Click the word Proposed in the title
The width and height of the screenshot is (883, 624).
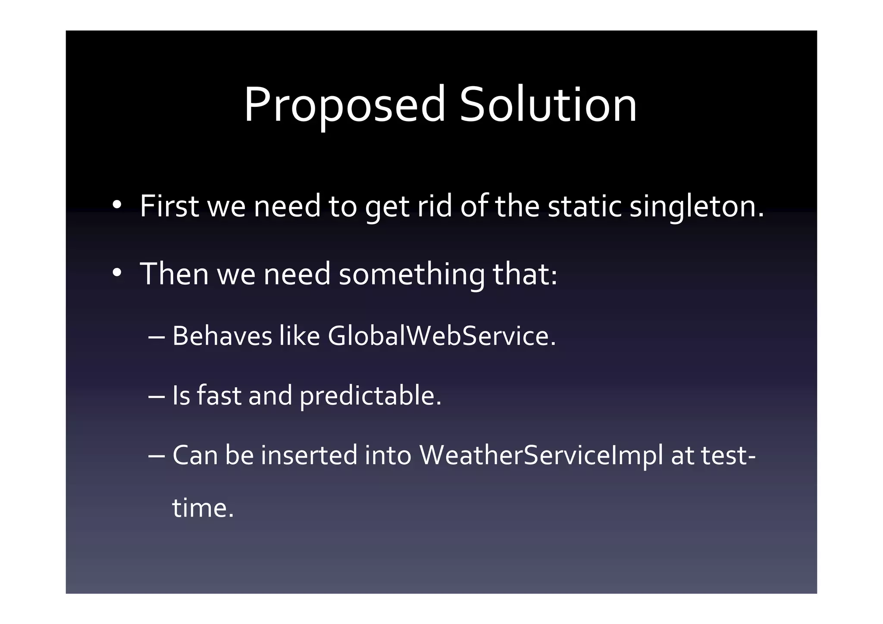pos(344,106)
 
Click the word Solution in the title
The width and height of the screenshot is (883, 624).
pos(548,105)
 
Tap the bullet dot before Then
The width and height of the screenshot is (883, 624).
pos(117,273)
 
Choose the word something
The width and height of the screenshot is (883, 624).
pos(412,275)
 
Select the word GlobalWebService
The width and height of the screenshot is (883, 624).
pos(442,336)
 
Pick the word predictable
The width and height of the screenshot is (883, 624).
pos(370,396)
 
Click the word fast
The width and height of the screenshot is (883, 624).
pos(219,395)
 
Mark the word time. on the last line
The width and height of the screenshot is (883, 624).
pos(203,508)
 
